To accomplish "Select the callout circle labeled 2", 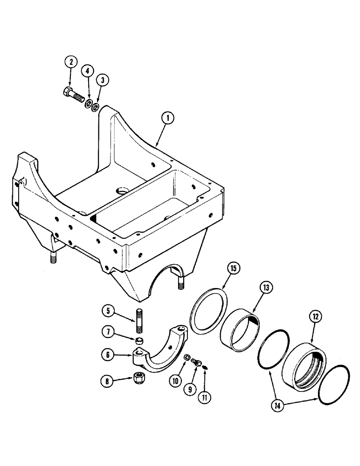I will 71,62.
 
